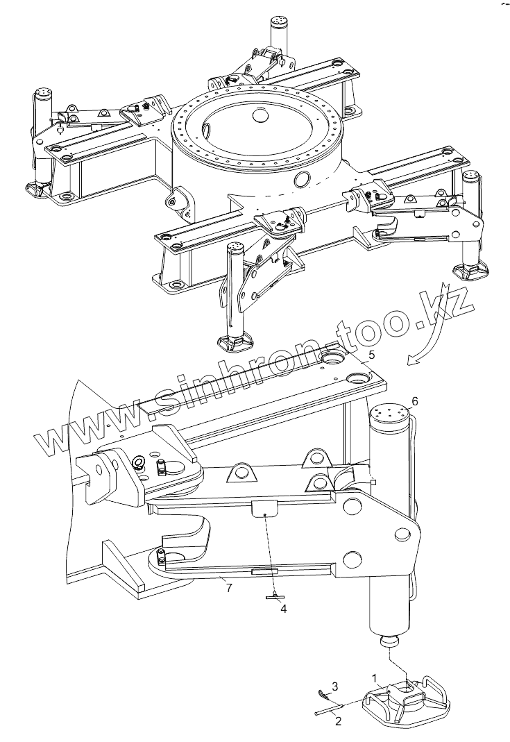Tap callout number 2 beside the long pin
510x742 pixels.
coord(339,721)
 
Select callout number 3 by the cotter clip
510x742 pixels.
coord(334,686)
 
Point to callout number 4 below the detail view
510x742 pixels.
coord(283,609)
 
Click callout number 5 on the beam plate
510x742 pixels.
coord(372,355)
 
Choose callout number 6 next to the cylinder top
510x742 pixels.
coord(415,401)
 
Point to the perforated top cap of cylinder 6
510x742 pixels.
coord(391,413)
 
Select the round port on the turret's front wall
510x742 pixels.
coord(303,179)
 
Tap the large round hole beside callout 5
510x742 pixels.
coord(359,378)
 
